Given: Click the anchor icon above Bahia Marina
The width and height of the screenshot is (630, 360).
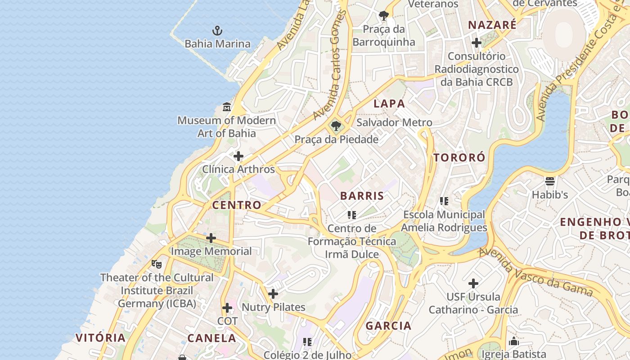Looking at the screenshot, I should coord(217,31).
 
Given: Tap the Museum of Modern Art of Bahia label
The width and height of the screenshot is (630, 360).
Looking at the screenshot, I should coord(226,127).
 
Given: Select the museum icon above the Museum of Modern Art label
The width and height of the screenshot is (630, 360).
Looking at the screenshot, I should coord(227,108).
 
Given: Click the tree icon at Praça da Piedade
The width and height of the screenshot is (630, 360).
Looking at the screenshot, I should coord(336,126).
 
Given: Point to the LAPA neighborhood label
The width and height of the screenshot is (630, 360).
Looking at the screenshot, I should coord(389,103).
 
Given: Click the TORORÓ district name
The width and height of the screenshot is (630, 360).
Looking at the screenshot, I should coord(459,157).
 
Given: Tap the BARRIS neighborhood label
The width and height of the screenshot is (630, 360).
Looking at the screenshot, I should coord(362,196).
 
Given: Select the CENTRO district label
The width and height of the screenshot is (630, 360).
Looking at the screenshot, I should coord(237,205).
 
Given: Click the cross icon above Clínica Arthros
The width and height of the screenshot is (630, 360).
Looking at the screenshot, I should coord(238,156).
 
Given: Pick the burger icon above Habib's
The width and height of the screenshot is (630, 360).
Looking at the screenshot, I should coord(550,181).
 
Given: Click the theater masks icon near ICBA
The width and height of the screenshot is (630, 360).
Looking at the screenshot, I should coord(157,264).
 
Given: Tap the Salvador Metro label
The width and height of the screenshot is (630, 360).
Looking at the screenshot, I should coord(394,122).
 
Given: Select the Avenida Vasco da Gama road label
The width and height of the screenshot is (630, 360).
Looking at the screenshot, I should coord(535,273).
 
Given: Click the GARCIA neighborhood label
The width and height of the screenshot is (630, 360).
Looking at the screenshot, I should coord(388,326).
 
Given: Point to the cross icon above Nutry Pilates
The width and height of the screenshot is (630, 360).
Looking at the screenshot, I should coord(273,294).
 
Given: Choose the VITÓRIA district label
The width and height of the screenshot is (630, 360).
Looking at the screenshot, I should coord(100,337).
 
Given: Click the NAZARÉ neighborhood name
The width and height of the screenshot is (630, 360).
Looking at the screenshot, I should coord(492,25).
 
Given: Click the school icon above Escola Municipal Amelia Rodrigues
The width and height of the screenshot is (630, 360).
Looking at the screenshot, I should coord(444,201).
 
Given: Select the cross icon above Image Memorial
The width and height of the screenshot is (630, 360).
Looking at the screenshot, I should coord(211,238).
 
